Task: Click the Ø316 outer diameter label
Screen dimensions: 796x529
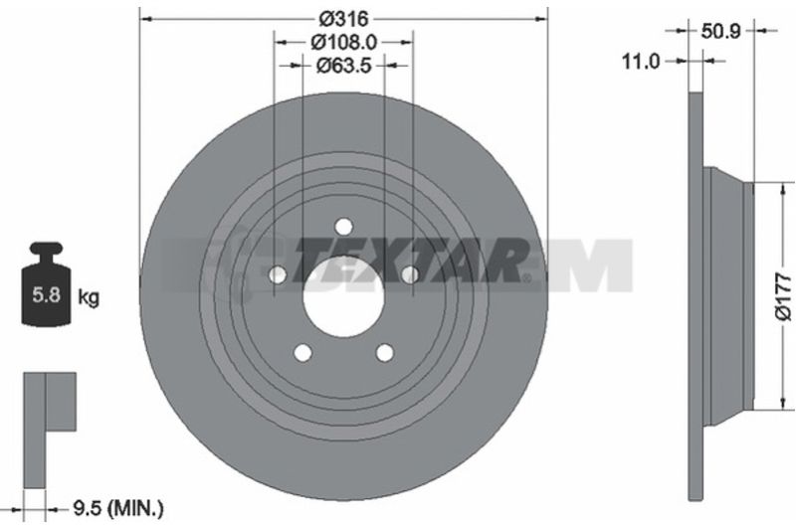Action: pyautogui.click(x=343, y=19)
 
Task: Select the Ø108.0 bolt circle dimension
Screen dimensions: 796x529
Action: pyautogui.click(x=343, y=43)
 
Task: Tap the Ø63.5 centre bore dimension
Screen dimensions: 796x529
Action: pyautogui.click(x=344, y=66)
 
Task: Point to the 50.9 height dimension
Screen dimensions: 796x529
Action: pyautogui.click(x=720, y=32)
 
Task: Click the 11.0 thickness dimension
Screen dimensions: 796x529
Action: pyautogui.click(x=641, y=62)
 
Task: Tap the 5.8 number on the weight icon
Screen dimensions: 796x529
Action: pyautogui.click(x=46, y=294)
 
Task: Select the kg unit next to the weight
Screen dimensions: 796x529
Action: pyautogui.click(x=89, y=297)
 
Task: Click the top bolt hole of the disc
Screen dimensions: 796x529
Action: pyautogui.click(x=343, y=226)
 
